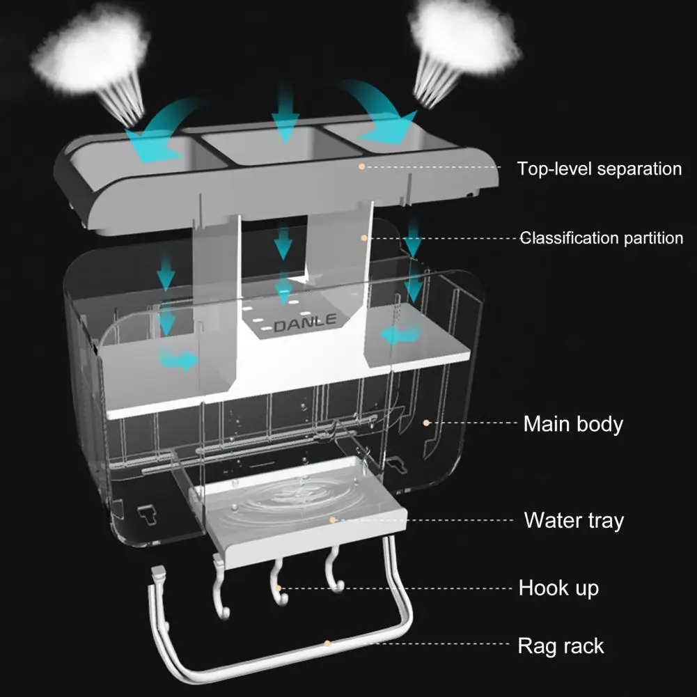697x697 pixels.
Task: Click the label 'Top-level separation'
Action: tap(599, 169)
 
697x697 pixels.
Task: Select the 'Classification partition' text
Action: tap(602, 238)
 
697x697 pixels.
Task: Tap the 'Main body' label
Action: tap(573, 423)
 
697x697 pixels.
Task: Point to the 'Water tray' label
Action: tap(574, 520)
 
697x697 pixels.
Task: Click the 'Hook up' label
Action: tap(558, 588)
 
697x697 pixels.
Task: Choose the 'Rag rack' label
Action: tap(561, 645)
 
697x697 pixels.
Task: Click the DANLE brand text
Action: tap(305, 323)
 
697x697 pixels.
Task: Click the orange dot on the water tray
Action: tap(334, 519)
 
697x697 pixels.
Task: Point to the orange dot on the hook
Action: tap(279, 588)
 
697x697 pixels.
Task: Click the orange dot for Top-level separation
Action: tap(361, 166)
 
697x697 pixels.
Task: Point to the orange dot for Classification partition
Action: tap(363, 237)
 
